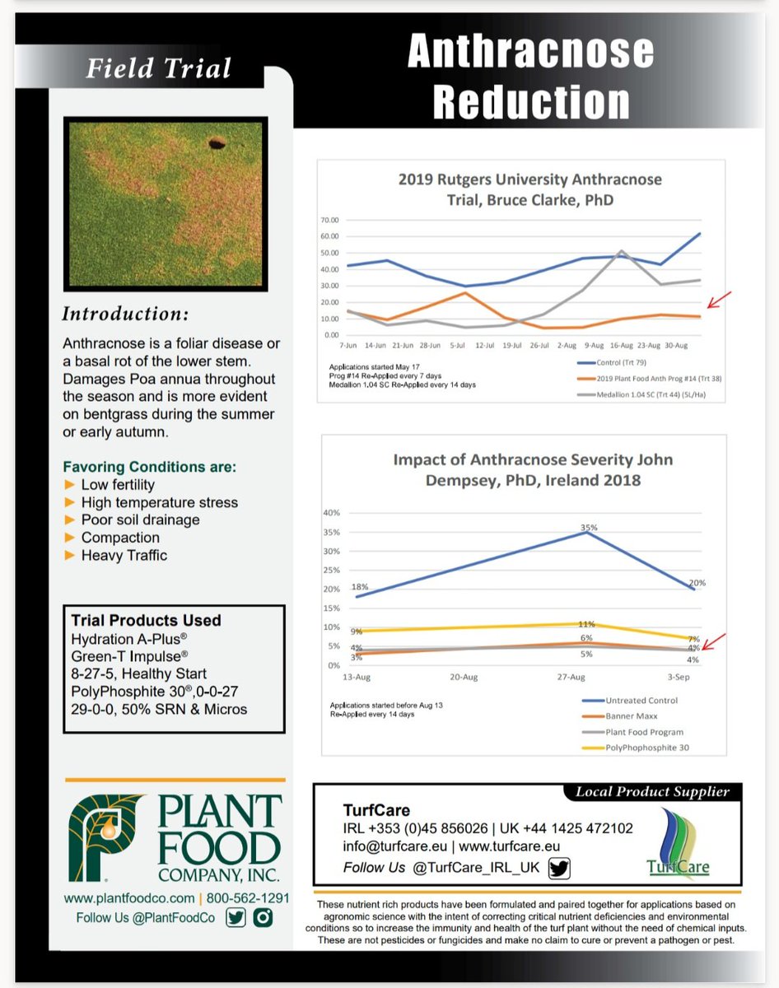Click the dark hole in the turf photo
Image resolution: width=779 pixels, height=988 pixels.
(x=218, y=144)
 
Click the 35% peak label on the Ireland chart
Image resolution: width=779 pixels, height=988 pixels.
(x=587, y=527)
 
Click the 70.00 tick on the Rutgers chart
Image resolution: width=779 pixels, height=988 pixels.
(x=329, y=220)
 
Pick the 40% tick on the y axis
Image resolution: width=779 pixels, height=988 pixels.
(x=331, y=513)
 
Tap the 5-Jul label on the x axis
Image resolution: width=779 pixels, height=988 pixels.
(x=456, y=347)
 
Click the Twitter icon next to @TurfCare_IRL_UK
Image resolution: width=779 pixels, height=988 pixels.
(x=559, y=868)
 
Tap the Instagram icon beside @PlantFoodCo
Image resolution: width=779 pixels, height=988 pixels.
(x=263, y=918)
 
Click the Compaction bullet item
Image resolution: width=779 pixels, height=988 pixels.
(x=120, y=538)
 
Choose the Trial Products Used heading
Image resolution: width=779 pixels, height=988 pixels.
(x=146, y=621)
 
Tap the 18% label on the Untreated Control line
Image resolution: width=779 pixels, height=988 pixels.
(x=359, y=587)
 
